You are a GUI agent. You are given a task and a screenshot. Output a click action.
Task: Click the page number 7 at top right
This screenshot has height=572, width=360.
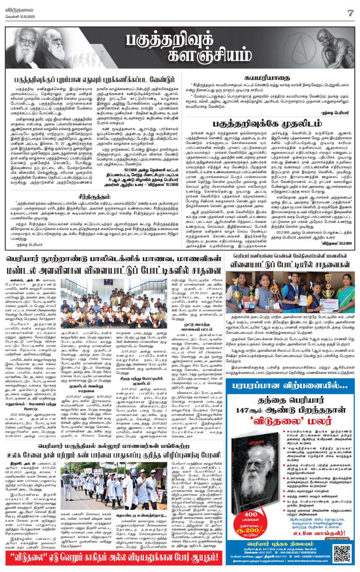(x=350, y=13)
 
